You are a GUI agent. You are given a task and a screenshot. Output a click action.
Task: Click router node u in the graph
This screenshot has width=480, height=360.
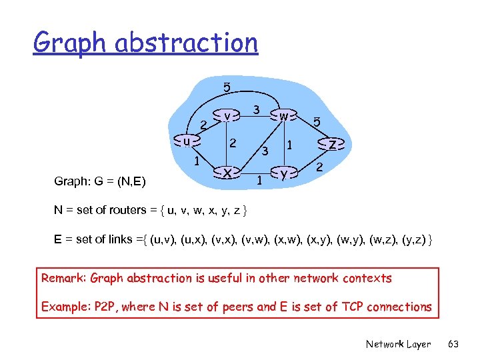pyautogui.click(x=188, y=141)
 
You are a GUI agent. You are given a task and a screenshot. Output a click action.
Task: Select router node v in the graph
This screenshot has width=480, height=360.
pyautogui.click(x=227, y=115)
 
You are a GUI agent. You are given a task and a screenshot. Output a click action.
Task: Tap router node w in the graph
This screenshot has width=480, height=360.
pyautogui.click(x=284, y=115)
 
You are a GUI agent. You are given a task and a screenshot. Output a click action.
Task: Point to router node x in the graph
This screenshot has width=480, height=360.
pyautogui.click(x=227, y=173)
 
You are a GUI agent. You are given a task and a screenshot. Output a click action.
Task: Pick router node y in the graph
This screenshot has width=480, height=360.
pyautogui.click(x=284, y=173)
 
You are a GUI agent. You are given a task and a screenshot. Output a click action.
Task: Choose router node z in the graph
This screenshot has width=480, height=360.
pyautogui.click(x=332, y=144)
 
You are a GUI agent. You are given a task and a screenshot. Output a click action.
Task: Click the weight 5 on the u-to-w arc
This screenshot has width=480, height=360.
pyautogui.click(x=227, y=87)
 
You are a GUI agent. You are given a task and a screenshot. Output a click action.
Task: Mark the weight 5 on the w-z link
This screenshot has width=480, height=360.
pyautogui.click(x=317, y=123)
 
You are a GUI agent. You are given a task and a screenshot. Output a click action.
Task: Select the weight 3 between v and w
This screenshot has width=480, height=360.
pyautogui.click(x=256, y=109)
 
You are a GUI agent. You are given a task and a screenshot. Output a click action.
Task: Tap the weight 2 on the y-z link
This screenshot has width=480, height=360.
pyautogui.click(x=319, y=168)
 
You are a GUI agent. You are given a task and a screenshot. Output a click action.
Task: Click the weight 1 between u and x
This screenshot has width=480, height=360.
pyautogui.click(x=197, y=161)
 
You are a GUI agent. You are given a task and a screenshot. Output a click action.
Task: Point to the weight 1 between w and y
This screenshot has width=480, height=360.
pyautogui.click(x=289, y=144)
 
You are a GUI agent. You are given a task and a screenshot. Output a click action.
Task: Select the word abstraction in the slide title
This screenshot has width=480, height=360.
pyautogui.click(x=186, y=43)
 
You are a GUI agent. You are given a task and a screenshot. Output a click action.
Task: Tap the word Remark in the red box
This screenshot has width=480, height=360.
pyautogui.click(x=63, y=278)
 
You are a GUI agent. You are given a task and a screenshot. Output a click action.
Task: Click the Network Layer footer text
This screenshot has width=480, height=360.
pyautogui.click(x=398, y=344)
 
